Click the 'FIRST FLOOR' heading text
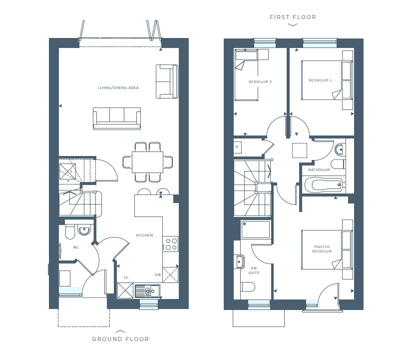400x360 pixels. (293, 17)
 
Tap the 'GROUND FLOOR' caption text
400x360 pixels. (120, 339)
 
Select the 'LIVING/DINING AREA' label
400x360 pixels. (118, 88)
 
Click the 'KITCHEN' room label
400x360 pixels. (145, 235)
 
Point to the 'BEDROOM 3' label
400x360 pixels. (260, 81)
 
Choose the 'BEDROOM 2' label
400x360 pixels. (320, 80)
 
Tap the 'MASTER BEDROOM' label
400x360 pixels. (323, 249)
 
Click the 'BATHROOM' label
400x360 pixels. (319, 170)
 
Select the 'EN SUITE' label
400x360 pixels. (254, 270)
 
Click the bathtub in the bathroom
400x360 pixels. (324, 185)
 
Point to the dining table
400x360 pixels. (148, 162)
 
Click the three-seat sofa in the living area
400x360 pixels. (116, 117)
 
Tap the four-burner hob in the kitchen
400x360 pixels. (171, 243)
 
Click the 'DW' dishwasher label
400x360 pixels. (157, 274)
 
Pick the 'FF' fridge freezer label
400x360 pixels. (126, 277)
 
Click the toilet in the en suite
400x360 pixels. (247, 286)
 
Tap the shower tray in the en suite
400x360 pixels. (256, 229)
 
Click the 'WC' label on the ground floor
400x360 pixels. (76, 247)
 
